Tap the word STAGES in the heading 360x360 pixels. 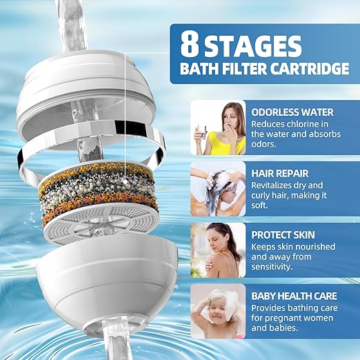click(x=259, y=46)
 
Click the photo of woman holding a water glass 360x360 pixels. click(x=218, y=128)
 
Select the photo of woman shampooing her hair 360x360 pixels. click(x=218, y=188)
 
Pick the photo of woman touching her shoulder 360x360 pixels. click(x=218, y=249)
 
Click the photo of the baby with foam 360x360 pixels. click(x=218, y=310)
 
